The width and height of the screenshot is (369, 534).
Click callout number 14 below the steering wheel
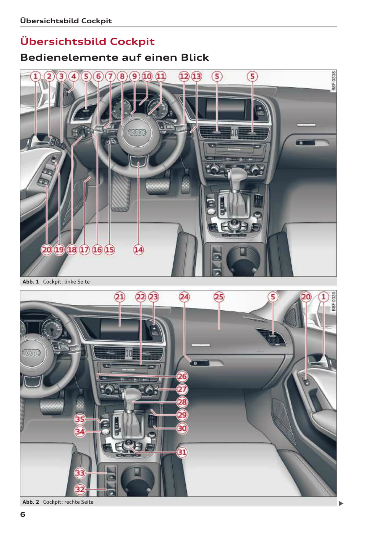(x=138, y=250)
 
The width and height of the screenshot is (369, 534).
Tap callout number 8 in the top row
(x=122, y=76)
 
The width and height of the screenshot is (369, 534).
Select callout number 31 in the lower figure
(x=182, y=452)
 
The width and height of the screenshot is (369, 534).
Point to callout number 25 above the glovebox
(x=219, y=297)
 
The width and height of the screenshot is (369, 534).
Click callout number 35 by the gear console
(x=80, y=419)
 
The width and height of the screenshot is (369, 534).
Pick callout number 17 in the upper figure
(x=84, y=250)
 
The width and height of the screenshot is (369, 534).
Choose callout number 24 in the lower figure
(x=184, y=297)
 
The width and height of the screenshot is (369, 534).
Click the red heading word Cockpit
(x=132, y=41)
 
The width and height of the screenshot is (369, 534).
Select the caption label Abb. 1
(x=30, y=282)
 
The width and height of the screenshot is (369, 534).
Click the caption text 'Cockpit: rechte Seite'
(x=68, y=502)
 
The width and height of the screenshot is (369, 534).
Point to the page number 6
(x=23, y=514)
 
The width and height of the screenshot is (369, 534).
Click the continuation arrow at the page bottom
(x=341, y=503)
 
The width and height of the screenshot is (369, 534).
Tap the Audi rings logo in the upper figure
(x=137, y=132)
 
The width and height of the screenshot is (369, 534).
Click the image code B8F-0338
(x=333, y=81)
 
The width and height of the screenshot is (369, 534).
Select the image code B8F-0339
(x=333, y=301)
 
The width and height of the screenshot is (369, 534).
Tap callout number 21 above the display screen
(x=120, y=297)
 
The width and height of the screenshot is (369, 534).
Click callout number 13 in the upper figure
(x=196, y=76)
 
